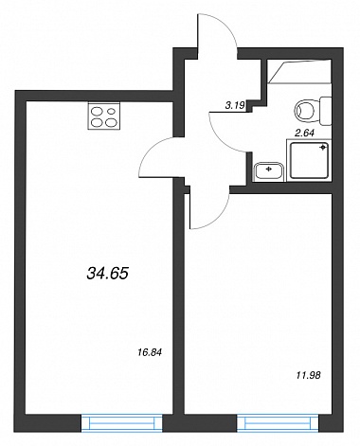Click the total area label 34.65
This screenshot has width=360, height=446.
(x=107, y=274)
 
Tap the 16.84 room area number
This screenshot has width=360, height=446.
(x=150, y=352)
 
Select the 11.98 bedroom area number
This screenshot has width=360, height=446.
(x=309, y=375)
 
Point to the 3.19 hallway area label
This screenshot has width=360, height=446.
(x=235, y=106)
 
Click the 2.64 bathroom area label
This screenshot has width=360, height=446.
(x=304, y=134)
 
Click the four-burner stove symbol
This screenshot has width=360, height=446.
(x=104, y=116)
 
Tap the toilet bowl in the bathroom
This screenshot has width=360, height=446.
(x=305, y=111)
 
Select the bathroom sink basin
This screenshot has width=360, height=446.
(x=269, y=171)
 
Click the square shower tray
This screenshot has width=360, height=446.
(x=309, y=160)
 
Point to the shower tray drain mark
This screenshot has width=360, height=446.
(x=323, y=148)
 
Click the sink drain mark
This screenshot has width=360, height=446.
(x=269, y=169)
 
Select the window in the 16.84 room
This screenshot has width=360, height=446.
(x=122, y=423)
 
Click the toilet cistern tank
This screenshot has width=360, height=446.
(x=326, y=111)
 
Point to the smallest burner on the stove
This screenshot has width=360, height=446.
(x=111, y=111)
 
